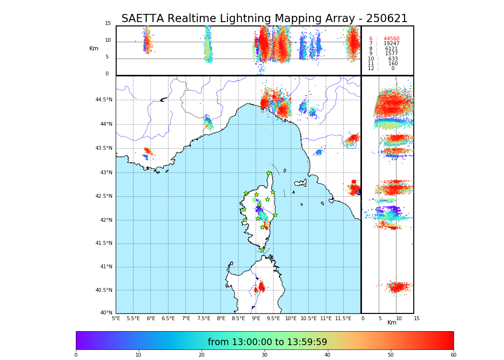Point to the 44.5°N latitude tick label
[x=104, y=100]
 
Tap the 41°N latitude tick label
[x=105, y=267]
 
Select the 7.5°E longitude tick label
[x=204, y=318]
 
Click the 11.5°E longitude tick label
[x=343, y=318]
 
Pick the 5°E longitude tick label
[x=116, y=318]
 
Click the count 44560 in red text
[x=391, y=39]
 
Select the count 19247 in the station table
[x=391, y=44]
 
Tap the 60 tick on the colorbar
[x=453, y=355]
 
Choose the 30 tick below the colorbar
[x=264, y=355]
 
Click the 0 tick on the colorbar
[x=76, y=355]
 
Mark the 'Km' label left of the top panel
[x=94, y=48]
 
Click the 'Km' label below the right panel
[x=392, y=323]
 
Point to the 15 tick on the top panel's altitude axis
[x=108, y=24]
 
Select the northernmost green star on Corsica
[x=269, y=173]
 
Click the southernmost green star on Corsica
[x=262, y=250]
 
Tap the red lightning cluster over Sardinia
[x=261, y=287]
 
